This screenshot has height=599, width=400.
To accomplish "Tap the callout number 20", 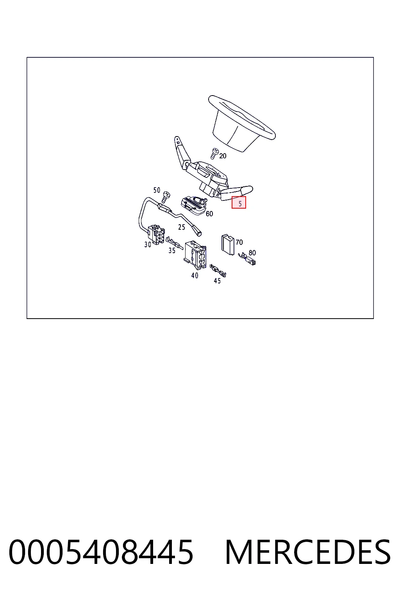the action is [x=223, y=156].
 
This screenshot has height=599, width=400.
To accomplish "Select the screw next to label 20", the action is [x=214, y=154].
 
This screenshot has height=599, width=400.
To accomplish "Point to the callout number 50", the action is [x=157, y=190].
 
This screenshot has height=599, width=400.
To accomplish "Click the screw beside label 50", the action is [x=166, y=197].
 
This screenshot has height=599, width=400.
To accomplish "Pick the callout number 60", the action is [x=209, y=214].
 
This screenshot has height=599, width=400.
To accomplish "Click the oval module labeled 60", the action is [x=193, y=205].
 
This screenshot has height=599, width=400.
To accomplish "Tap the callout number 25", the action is [x=181, y=227].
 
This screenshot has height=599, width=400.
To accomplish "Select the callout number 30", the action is [x=148, y=245].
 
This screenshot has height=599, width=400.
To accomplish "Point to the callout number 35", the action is [x=172, y=251].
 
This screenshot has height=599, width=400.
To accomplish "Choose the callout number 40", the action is [x=195, y=275].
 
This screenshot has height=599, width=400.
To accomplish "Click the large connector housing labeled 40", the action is [x=196, y=255].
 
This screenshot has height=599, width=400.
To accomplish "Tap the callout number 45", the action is [x=217, y=281].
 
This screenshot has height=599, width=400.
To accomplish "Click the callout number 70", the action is [x=239, y=242].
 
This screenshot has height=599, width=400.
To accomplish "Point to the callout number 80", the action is [x=252, y=253].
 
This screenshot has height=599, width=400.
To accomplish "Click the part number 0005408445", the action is [x=101, y=552].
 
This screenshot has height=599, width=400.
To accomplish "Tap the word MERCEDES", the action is [x=308, y=552].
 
